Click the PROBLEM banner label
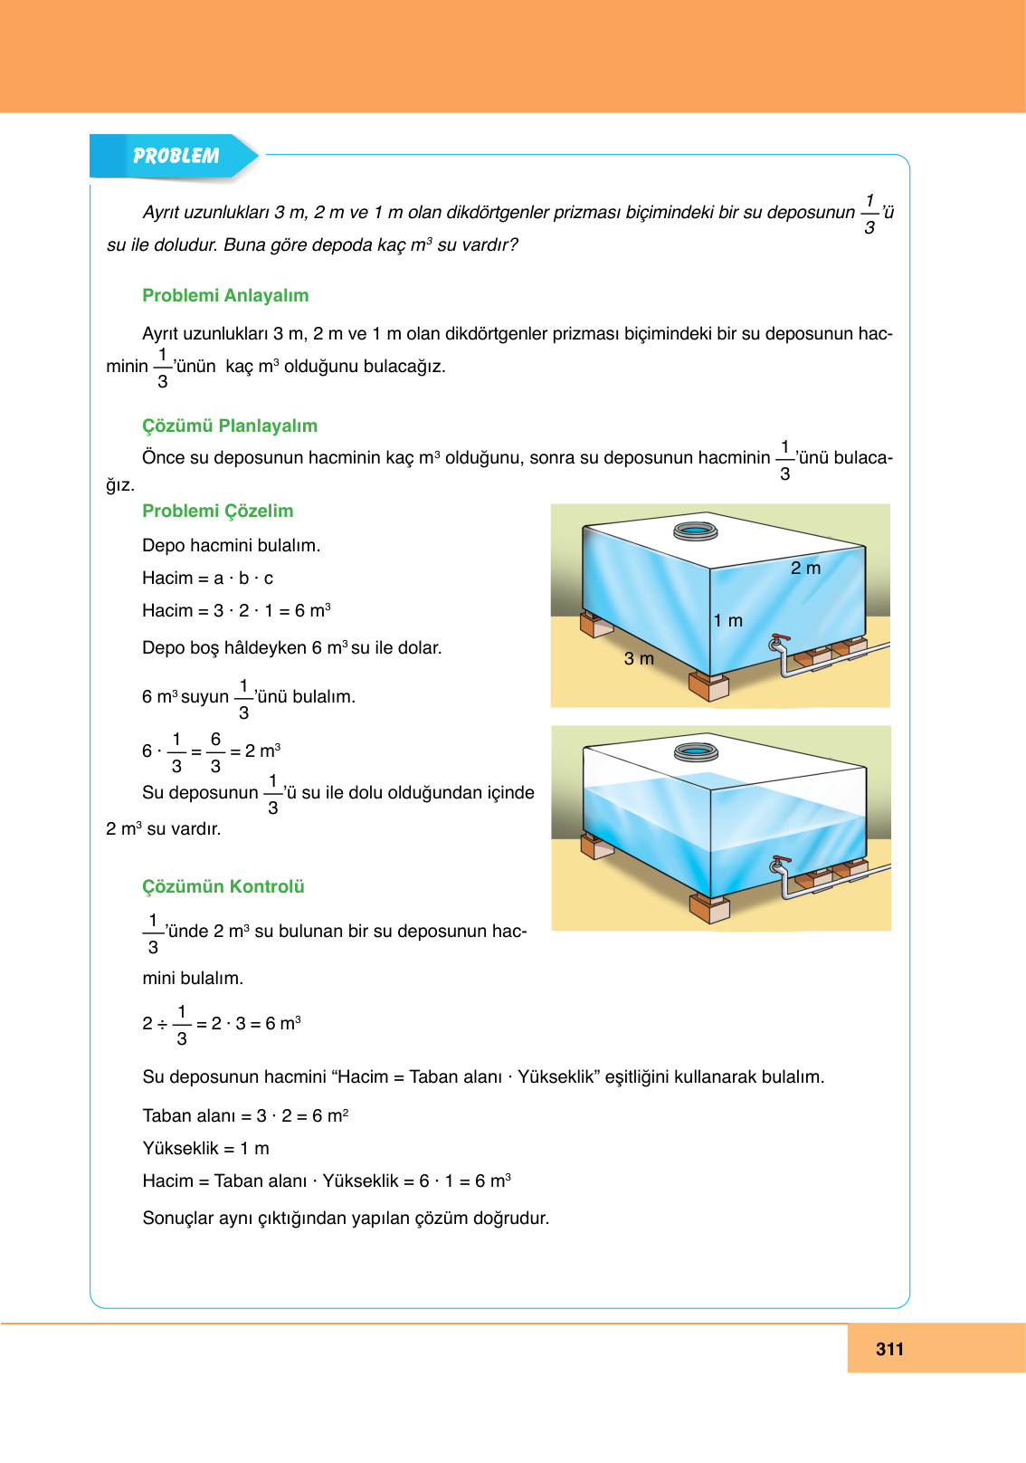[176, 156]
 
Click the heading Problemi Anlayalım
[225, 295]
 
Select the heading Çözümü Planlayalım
[230, 426]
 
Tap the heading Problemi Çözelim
[217, 511]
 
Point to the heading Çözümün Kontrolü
[223, 886]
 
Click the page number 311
[889, 1349]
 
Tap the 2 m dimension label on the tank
[805, 568]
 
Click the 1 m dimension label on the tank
[727, 620]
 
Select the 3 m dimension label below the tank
[639, 658]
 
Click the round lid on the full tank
[695, 531]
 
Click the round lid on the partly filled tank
[696, 751]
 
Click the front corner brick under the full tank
[708, 686]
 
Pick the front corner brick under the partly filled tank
[708, 908]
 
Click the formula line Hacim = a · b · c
[207, 578]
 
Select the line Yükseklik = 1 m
[205, 1148]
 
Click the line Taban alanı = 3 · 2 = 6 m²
[245, 1115]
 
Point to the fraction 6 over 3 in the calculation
[215, 751]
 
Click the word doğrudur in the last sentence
[514, 1218]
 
